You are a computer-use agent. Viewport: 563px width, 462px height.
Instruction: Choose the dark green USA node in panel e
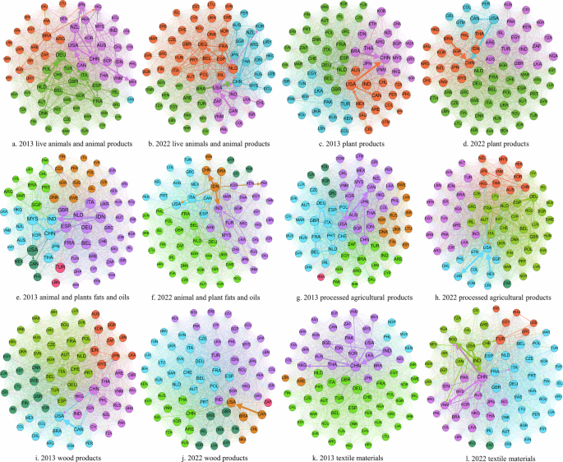(x=32, y=250)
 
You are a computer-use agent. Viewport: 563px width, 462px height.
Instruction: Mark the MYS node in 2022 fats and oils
(x=226, y=235)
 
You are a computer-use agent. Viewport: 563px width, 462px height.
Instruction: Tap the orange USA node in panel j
(x=231, y=403)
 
